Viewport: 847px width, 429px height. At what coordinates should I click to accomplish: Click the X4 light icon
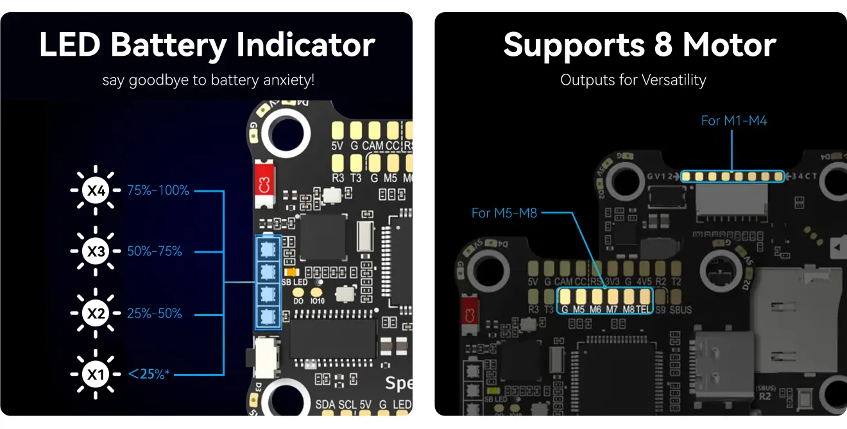coord(96,190)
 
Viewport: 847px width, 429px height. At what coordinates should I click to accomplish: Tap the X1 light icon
coord(96,374)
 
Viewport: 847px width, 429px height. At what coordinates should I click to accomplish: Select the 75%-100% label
coord(158,190)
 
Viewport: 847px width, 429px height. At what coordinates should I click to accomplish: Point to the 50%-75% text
coord(155,251)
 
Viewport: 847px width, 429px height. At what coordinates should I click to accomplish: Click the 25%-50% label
coord(155,314)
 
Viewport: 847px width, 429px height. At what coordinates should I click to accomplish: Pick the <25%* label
coord(149,373)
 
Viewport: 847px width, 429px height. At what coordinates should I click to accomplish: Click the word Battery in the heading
coord(169,46)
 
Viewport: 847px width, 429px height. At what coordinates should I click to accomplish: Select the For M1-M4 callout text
coord(734,121)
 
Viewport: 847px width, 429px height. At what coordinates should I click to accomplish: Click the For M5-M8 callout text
coord(504,213)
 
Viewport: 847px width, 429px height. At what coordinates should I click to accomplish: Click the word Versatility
coord(670,81)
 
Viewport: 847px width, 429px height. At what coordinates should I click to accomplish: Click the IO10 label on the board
coord(318,300)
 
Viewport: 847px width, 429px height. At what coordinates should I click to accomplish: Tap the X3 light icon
coord(96,251)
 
